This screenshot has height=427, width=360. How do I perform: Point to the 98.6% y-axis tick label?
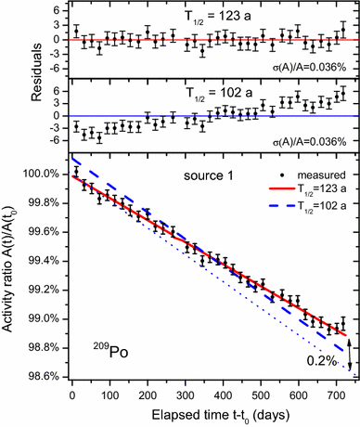[x=34, y=376]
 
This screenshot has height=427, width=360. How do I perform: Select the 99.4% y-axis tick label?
[x=34, y=262]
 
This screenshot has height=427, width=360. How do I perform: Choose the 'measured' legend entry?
[x=307, y=173]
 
